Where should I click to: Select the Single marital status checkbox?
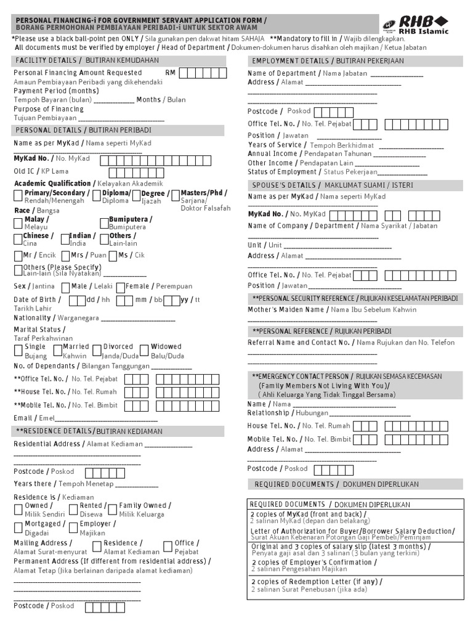(18, 351)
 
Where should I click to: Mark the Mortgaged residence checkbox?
(18, 527)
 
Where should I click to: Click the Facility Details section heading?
(86, 60)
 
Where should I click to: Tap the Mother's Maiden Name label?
(286, 310)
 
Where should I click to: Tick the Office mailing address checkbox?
(169, 547)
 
